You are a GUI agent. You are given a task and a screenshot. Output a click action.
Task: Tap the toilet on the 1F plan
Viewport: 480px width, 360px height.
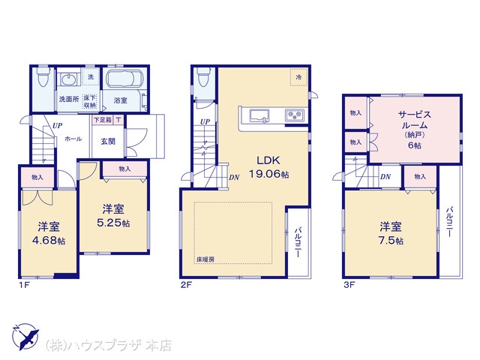(x=43, y=76)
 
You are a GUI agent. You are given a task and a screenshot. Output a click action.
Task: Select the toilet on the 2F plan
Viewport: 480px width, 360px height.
(x=204, y=76)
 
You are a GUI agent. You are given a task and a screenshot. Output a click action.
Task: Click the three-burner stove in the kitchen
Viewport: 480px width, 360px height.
(x=295, y=115)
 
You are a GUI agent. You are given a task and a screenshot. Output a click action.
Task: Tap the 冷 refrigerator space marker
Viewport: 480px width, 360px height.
(x=298, y=77)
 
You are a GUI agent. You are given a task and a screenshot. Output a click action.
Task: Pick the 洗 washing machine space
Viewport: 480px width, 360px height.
(x=91, y=77)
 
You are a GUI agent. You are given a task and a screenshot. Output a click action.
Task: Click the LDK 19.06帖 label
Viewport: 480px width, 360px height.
(x=268, y=167)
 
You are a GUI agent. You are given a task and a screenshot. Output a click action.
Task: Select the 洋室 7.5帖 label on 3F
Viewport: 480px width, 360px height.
(x=391, y=233)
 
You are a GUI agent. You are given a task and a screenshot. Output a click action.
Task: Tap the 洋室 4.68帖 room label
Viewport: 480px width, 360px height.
(x=49, y=233)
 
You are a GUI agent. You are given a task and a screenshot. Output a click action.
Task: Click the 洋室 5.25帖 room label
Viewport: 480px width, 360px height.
(x=113, y=216)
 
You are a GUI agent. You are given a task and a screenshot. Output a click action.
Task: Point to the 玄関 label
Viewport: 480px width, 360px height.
(x=108, y=142)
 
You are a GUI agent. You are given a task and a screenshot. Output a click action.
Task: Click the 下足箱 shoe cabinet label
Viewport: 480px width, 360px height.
(x=102, y=120)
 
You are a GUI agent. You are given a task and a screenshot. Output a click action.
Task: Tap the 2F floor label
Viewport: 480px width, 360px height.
(x=186, y=285)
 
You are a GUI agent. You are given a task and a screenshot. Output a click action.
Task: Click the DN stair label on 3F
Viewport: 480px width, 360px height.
(x=385, y=177)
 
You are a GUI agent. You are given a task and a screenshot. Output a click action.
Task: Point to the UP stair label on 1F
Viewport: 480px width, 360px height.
(x=57, y=125)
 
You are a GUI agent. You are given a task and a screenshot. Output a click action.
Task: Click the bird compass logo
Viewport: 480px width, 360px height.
(x=25, y=337)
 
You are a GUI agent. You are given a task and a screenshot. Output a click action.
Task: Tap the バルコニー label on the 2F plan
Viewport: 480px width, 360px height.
(x=298, y=242)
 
